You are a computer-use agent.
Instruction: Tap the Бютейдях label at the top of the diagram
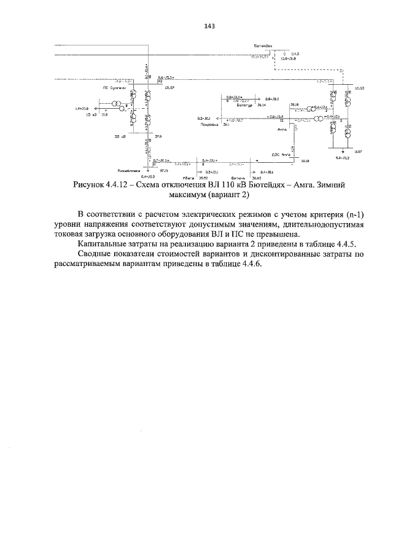tap(263, 47)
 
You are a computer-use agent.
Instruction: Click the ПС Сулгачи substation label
tap(114, 88)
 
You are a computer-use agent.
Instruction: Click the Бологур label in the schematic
tap(245, 106)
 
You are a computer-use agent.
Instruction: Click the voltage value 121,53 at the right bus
tap(359, 88)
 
